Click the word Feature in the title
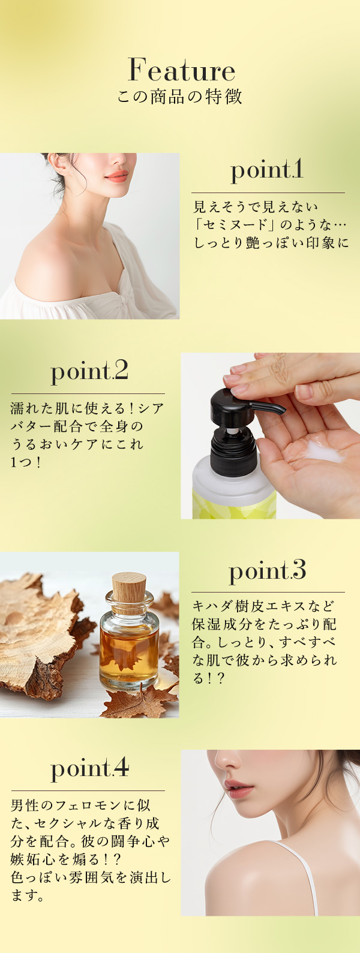181,71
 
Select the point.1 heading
267,170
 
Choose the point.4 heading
89,768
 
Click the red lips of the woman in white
116,176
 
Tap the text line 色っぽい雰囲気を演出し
90,878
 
